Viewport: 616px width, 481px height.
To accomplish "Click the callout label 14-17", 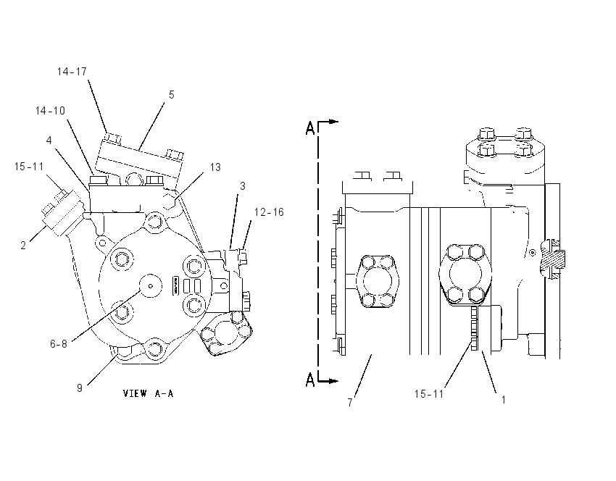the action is [x=72, y=72].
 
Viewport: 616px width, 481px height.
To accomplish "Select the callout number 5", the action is [x=172, y=95].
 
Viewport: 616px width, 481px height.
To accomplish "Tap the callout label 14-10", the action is [x=50, y=111].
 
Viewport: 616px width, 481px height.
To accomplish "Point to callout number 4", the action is [x=49, y=141].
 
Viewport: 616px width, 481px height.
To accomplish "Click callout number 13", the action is [x=215, y=167].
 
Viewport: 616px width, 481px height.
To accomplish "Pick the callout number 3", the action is [x=242, y=186].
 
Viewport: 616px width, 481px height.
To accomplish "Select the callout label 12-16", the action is [x=269, y=212].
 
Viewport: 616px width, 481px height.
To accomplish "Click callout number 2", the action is [x=23, y=246].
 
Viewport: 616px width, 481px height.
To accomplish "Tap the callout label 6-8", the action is [x=59, y=344].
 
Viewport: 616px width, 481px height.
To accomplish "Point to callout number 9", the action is [x=80, y=388].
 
